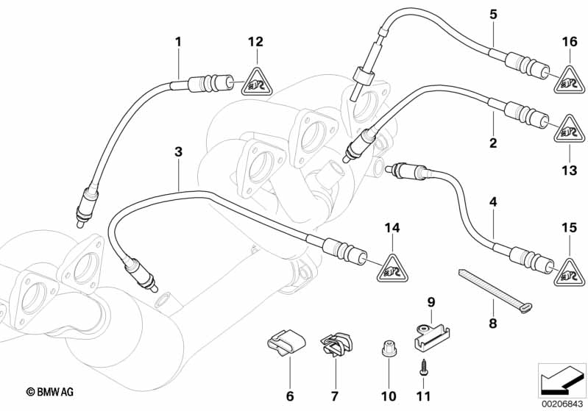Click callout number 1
pos(177,42)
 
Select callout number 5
pos(493,14)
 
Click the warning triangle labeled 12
pos(255,79)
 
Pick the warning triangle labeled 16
pos(568,79)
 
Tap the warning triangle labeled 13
pos(568,130)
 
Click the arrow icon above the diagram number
pos(561,380)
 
